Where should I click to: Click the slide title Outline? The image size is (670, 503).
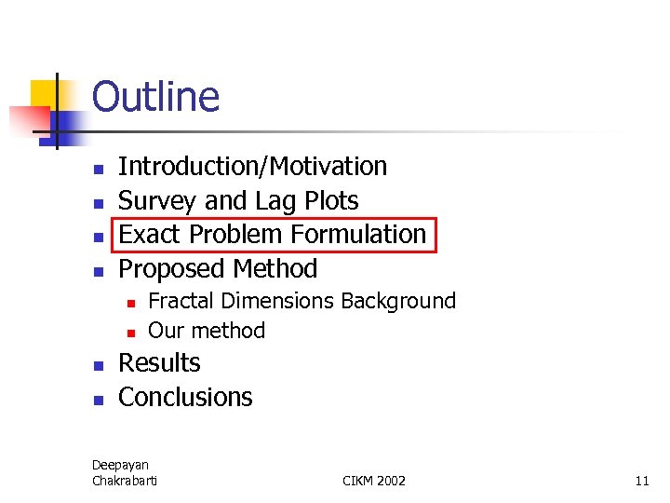[x=155, y=97]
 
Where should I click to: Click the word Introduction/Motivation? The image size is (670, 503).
[x=252, y=167]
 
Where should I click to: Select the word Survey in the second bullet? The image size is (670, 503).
[x=157, y=201]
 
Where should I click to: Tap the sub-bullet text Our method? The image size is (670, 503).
[x=207, y=331]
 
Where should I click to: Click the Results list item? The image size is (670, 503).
[x=159, y=363]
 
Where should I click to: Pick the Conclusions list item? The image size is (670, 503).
[x=185, y=398]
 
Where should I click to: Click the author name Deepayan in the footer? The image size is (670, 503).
[x=120, y=465]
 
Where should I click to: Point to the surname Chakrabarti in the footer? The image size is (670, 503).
[x=125, y=481]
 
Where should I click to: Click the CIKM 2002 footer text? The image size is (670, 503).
[x=374, y=481]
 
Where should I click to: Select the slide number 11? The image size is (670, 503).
[x=641, y=481]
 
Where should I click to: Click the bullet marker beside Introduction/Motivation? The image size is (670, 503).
[x=97, y=170]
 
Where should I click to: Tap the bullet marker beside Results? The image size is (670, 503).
[x=97, y=366]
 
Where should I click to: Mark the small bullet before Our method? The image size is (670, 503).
[x=132, y=333]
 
